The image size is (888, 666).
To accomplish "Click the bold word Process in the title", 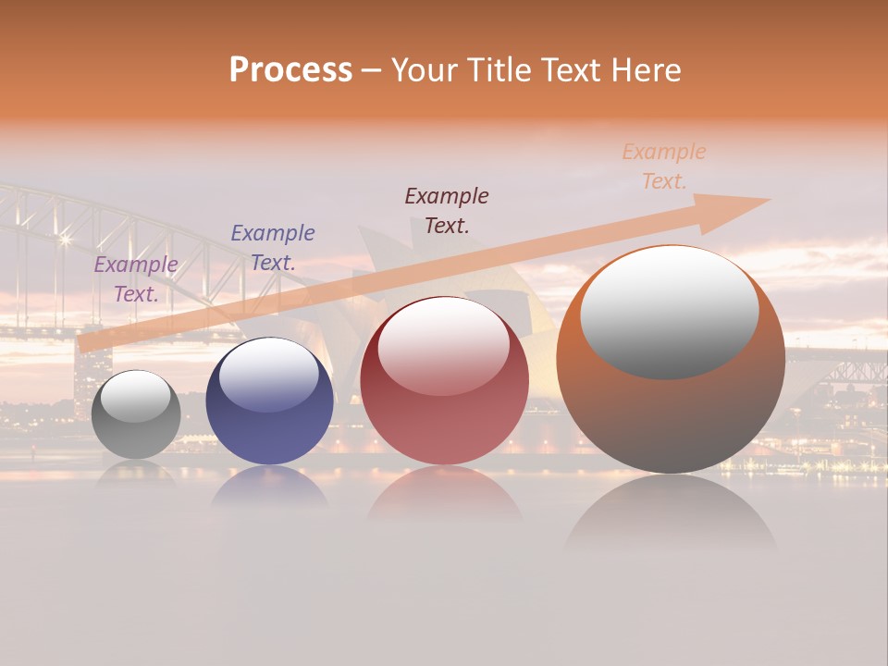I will click(290, 70).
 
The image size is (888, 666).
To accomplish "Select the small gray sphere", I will click(136, 414).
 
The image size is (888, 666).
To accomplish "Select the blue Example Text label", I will click(273, 248).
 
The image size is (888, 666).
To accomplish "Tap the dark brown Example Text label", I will click(447, 210).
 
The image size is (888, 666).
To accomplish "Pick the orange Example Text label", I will click(664, 166).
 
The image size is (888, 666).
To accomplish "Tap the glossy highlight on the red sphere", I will click(443, 345).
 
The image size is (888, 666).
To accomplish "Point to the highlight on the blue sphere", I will click(269, 374).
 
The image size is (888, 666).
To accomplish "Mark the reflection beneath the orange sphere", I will click(671, 518).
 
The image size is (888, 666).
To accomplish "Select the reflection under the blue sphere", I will click(269, 488).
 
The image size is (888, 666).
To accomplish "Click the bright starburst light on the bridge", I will click(65, 239).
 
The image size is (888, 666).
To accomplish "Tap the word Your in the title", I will click(426, 70).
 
